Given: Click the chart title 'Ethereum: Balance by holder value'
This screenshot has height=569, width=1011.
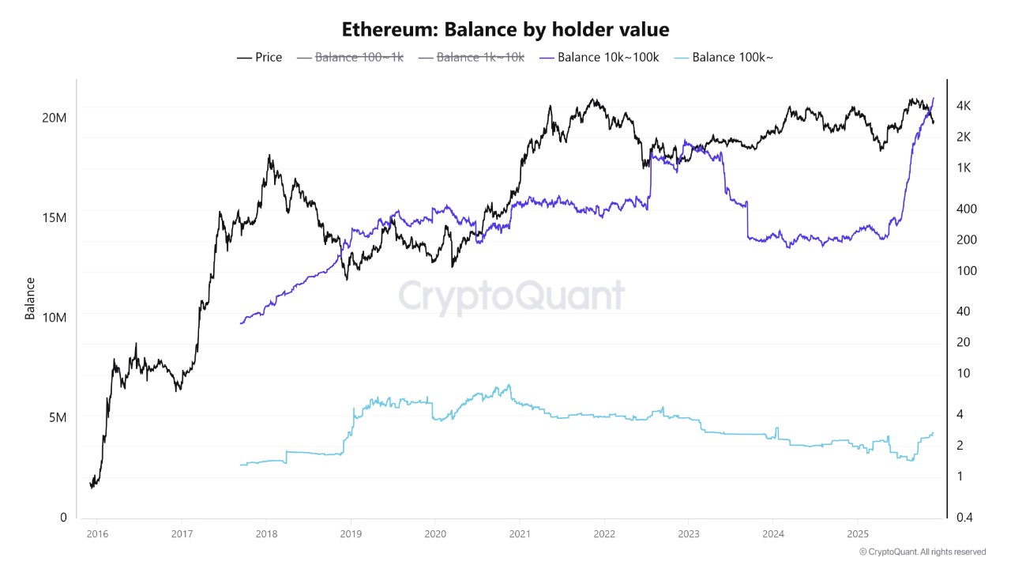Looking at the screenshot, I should pyautogui.click(x=505, y=30).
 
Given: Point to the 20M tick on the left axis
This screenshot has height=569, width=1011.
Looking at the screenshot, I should pyautogui.click(x=54, y=118).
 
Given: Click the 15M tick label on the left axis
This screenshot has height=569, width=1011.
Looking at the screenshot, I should pyautogui.click(x=54, y=217).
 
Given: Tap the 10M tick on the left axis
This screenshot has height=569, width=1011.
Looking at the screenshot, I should pyautogui.click(x=54, y=317).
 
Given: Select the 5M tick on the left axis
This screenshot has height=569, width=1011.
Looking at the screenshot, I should pyautogui.click(x=57, y=417).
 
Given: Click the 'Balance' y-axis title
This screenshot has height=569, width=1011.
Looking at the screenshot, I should pyautogui.click(x=30, y=298).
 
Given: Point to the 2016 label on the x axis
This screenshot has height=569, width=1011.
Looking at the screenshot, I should pyautogui.click(x=97, y=533).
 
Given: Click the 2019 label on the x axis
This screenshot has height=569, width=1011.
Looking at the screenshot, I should pyautogui.click(x=351, y=533).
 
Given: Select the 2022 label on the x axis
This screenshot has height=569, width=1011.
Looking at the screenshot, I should pyautogui.click(x=604, y=533).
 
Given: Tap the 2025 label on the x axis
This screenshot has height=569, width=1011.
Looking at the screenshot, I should pyautogui.click(x=858, y=533).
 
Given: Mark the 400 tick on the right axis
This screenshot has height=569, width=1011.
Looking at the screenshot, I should pyautogui.click(x=965, y=209).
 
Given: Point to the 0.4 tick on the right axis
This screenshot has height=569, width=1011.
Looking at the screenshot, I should pyautogui.click(x=964, y=517).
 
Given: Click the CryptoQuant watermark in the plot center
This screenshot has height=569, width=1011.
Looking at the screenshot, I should pyautogui.click(x=511, y=296).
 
